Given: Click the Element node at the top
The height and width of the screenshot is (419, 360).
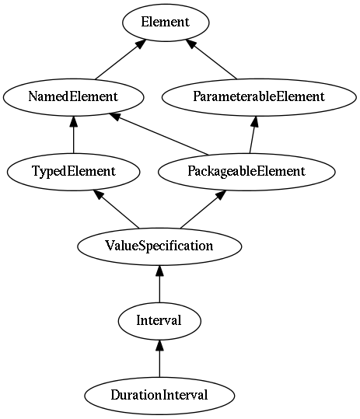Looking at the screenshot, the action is (166, 23).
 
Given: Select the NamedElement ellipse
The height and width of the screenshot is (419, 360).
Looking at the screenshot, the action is (74, 97).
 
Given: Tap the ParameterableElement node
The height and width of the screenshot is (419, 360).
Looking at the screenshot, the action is (259, 97).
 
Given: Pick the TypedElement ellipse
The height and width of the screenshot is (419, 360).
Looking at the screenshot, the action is (74, 172).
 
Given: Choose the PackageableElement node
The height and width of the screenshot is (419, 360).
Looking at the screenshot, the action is (246, 172).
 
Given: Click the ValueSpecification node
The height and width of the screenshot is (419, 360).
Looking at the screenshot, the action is (159, 246).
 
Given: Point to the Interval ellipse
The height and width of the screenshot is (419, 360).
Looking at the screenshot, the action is (159, 321).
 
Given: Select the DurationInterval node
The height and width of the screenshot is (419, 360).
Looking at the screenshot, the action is (159, 396).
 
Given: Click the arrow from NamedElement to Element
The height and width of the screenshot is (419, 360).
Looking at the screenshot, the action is (121, 59).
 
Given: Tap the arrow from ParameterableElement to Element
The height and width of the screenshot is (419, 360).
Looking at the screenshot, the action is (211, 59).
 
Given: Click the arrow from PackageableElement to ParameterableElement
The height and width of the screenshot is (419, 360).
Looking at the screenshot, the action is (253, 134).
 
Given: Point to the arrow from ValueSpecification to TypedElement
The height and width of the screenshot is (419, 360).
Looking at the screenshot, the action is (116, 209).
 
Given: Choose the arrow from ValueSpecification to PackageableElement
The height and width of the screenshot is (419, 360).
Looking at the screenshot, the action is (204, 209).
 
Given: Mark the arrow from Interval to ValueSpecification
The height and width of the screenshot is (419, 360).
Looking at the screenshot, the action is (159, 284).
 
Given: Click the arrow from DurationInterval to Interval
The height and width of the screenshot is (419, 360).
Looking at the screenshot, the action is (159, 358).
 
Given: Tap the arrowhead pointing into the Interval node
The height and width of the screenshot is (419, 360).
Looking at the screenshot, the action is (159, 345).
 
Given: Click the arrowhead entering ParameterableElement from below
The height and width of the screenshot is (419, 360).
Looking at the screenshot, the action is (255, 121).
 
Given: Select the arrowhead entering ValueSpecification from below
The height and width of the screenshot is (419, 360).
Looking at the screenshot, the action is (159, 271).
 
